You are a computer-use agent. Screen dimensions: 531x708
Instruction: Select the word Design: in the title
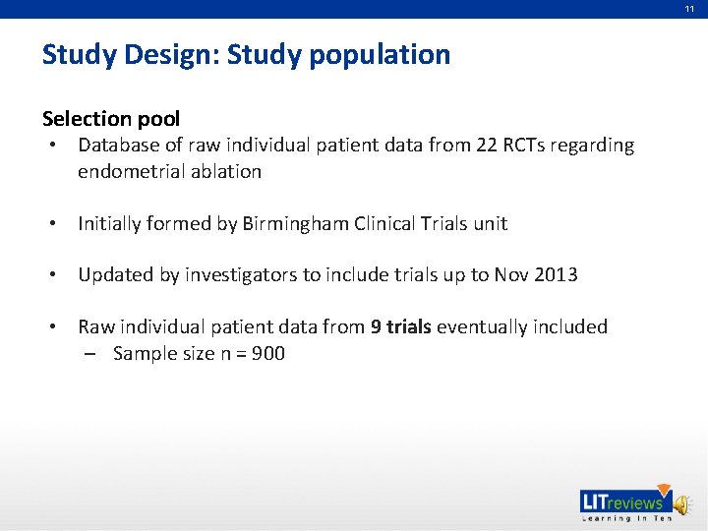pyautogui.click(x=173, y=55)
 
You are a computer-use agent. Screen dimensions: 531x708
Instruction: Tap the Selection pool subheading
pyautogui.click(x=111, y=119)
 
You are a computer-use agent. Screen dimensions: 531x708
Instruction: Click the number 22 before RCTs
pyautogui.click(x=487, y=146)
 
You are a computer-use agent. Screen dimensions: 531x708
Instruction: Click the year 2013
pyautogui.click(x=556, y=274)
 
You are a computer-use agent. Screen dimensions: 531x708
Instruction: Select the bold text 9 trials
pyautogui.click(x=400, y=326)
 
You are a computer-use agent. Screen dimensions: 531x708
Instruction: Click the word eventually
pyautogui.click(x=478, y=326)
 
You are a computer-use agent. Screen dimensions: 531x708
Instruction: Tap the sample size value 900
pyautogui.click(x=268, y=353)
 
